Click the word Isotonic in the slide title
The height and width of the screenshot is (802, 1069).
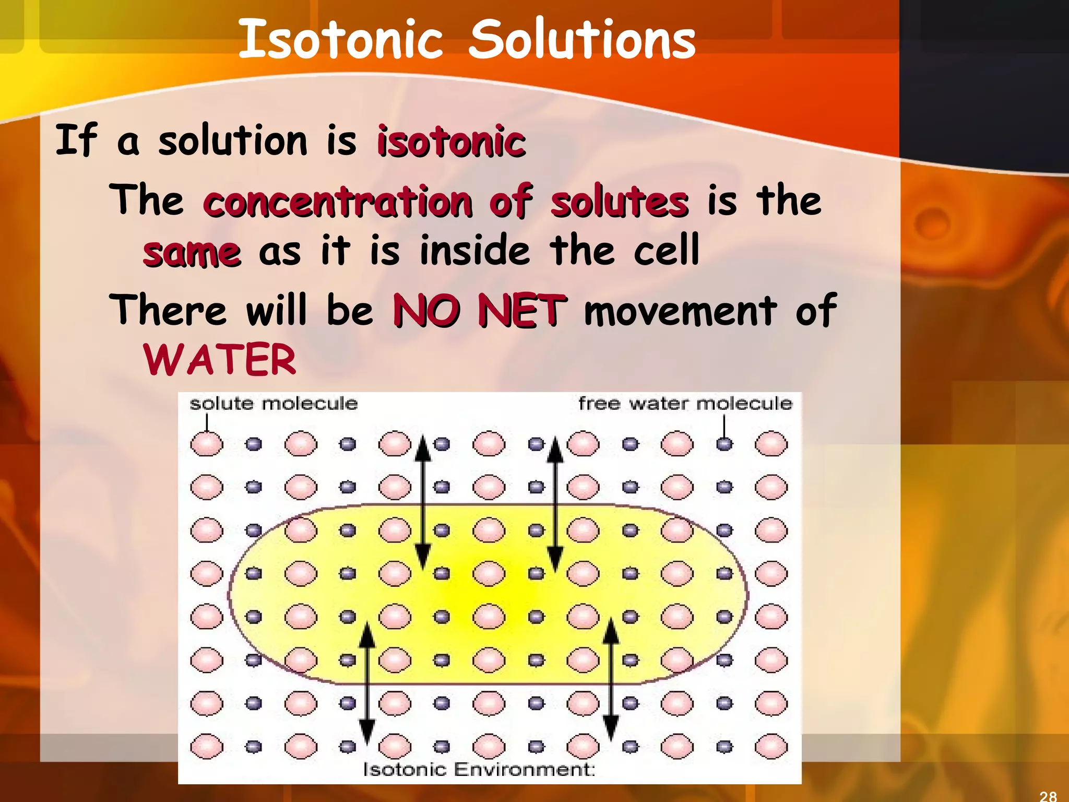pos(340,39)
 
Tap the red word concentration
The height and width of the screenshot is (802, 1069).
pos(338,202)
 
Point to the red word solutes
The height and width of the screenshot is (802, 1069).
pos(620,202)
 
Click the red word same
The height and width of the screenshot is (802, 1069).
pos(192,253)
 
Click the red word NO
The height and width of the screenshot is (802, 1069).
pos(426,311)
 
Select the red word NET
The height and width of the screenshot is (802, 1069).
pos(522,311)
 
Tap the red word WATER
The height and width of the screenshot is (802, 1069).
pos(220,360)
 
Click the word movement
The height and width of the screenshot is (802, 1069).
pos(680,311)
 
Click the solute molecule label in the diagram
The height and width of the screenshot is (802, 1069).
pos(274,404)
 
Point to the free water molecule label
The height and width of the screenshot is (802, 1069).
pos(685,404)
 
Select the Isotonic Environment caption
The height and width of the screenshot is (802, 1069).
pos(479,769)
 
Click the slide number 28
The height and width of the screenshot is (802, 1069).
pos(1048,796)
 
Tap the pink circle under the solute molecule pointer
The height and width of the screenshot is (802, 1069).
pos(207,444)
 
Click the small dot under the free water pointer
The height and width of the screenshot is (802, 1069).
pos(724,444)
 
